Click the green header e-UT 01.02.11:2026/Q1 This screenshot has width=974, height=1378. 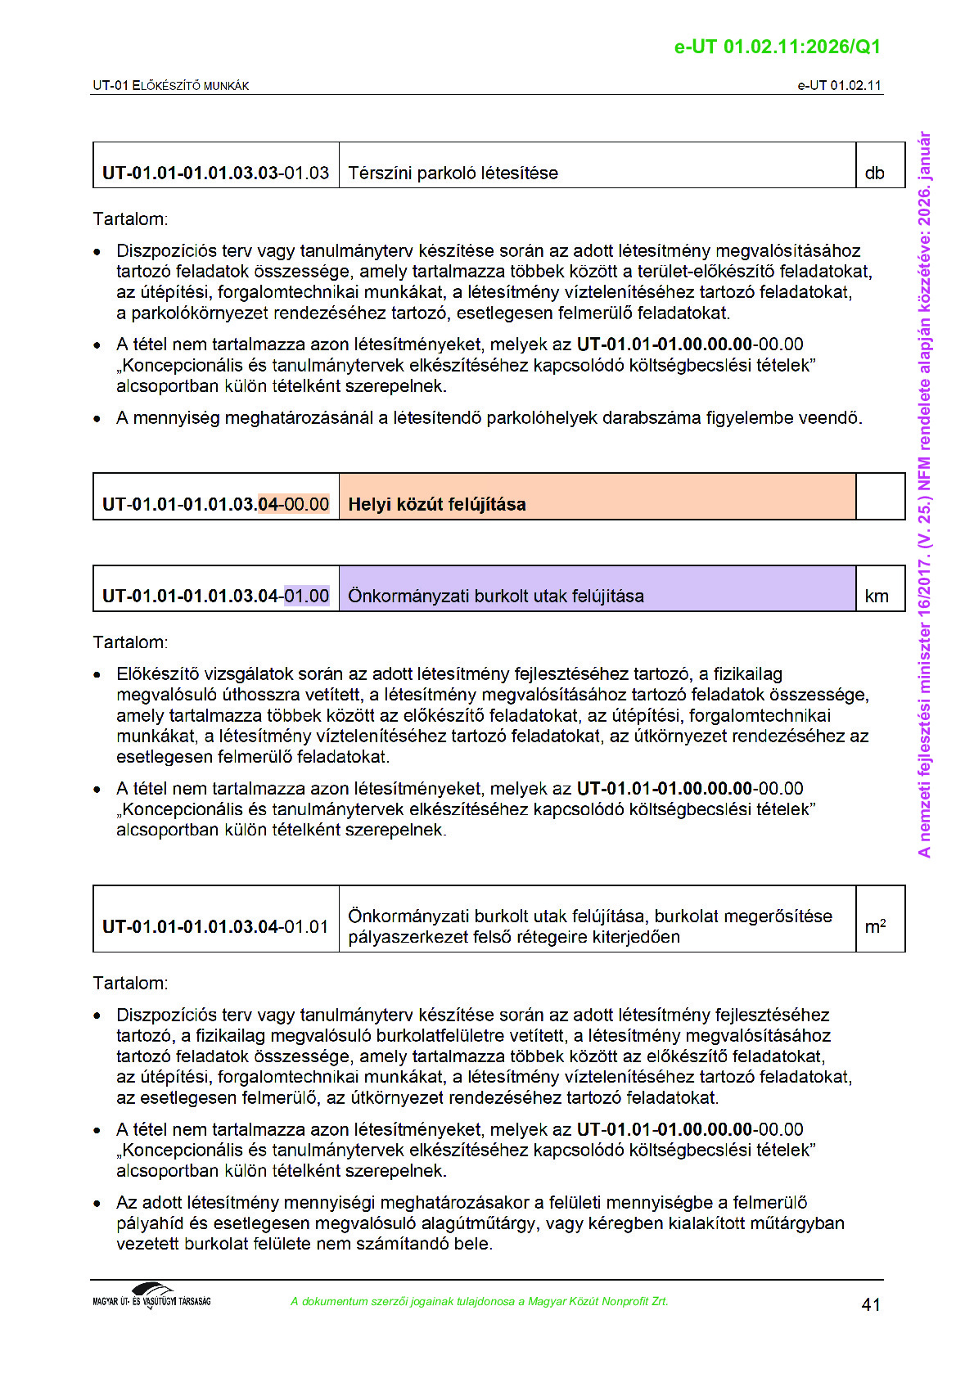777,47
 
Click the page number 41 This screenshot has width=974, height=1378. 871,1304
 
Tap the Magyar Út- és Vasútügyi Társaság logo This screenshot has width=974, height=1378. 151,1297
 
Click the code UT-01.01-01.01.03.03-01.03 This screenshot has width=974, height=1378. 215,173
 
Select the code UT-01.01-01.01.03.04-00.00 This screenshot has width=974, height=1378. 215,504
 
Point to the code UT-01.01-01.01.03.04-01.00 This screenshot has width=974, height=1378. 215,597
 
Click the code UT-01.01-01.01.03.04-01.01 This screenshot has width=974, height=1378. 215,927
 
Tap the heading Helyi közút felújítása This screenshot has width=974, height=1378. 437,504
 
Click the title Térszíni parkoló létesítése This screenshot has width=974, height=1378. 453,173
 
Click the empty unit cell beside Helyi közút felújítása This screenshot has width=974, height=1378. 880,497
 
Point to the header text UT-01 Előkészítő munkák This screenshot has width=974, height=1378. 170,86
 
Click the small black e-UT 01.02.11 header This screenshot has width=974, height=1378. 839,86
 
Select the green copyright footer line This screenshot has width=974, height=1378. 479,1302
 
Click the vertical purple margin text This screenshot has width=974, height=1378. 924,494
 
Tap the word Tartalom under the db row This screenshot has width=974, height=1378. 130,219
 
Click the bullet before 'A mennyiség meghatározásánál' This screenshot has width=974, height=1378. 97,419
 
